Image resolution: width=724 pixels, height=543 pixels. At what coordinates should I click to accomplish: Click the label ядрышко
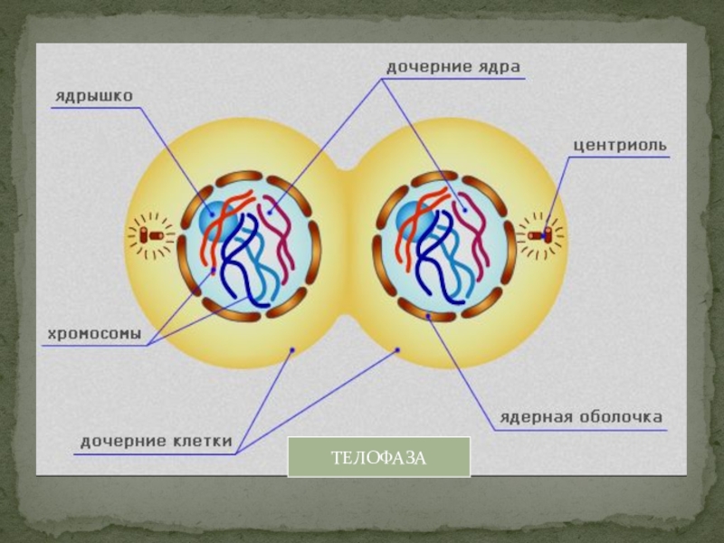tap(93, 94)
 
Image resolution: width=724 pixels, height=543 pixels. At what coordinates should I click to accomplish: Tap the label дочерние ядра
tap(453, 68)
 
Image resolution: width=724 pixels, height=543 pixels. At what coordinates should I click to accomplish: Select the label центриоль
tap(621, 145)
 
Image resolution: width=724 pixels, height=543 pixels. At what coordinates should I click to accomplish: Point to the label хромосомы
tap(94, 334)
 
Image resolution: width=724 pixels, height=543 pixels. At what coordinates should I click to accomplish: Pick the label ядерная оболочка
tap(581, 417)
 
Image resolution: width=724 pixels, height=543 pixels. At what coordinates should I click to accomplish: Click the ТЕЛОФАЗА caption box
tap(378, 457)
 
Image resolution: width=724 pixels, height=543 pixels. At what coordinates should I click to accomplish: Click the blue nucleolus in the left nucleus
tap(217, 217)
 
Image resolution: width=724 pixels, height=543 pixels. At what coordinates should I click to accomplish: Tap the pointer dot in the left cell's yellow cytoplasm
tap(291, 349)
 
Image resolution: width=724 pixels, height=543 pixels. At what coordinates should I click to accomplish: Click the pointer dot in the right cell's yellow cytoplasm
tap(398, 349)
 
